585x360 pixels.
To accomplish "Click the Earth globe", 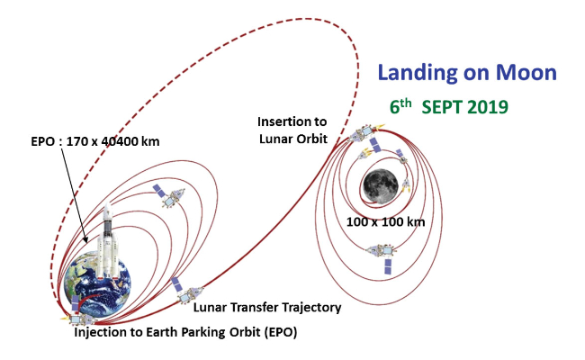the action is pyautogui.click(x=98, y=284).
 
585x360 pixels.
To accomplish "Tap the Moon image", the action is pyautogui.click(x=381, y=186).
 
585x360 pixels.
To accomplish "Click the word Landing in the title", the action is pyautogui.click(x=418, y=72).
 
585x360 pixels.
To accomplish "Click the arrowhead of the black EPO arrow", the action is pyautogui.click(x=86, y=239).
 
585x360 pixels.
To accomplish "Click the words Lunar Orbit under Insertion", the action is pyautogui.click(x=293, y=139).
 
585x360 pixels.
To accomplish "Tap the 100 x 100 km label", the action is pyautogui.click(x=386, y=222).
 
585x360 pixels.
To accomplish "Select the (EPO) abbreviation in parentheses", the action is pyautogui.click(x=281, y=332).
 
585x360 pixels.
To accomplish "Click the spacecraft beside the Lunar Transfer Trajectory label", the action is pyautogui.click(x=186, y=290).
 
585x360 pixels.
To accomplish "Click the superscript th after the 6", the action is pyautogui.click(x=406, y=103).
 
